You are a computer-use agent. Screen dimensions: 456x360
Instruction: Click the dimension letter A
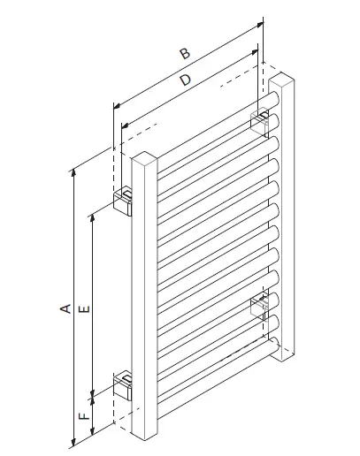click(x=64, y=308)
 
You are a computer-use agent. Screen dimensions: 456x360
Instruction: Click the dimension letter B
click(x=184, y=55)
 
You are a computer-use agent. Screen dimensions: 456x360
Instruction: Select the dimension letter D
click(x=185, y=81)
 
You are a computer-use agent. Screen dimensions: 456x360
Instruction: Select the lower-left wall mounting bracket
click(x=124, y=387)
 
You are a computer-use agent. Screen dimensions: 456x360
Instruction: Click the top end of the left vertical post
click(x=143, y=159)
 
